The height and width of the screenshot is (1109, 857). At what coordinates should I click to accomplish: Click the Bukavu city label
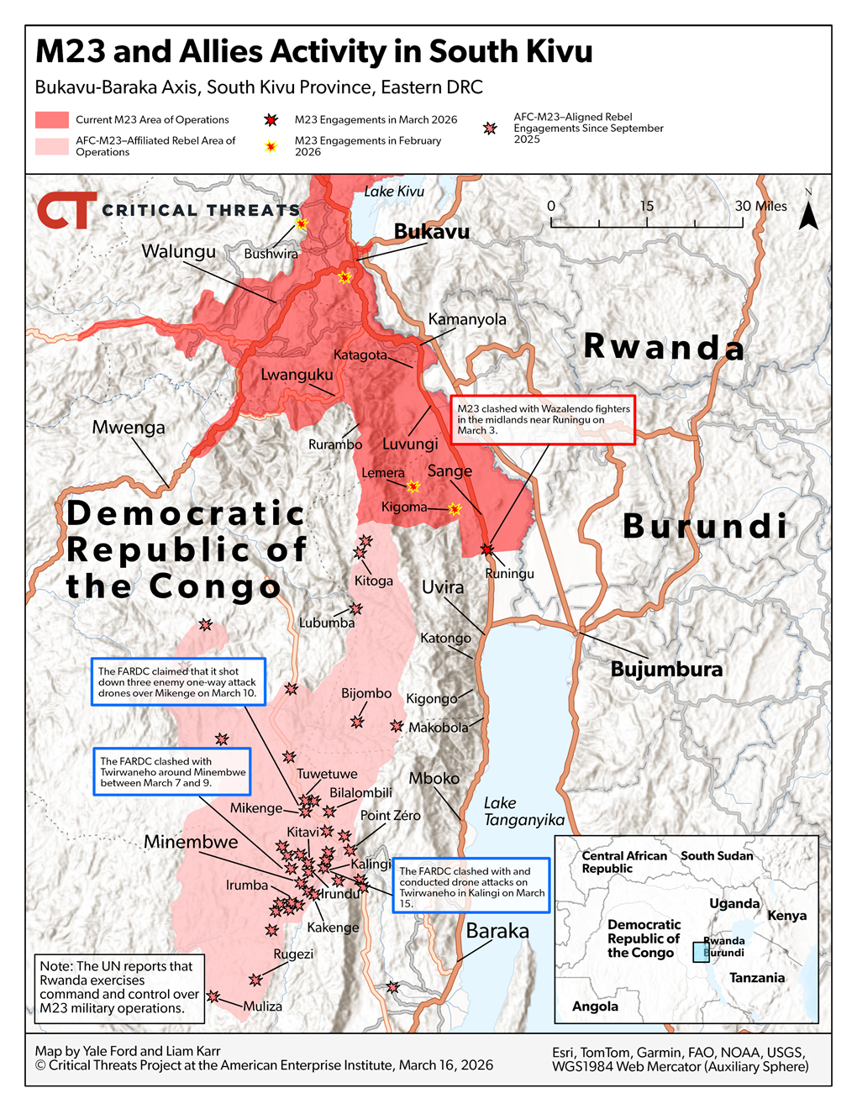click(431, 232)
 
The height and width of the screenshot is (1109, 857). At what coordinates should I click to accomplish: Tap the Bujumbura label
click(666, 670)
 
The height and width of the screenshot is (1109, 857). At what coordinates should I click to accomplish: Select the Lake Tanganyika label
click(523, 812)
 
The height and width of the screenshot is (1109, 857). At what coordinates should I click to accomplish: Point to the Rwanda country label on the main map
click(664, 347)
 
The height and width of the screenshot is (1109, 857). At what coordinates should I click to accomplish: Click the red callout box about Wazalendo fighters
click(543, 419)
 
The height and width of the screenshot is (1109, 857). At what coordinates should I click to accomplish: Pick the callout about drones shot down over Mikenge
click(178, 682)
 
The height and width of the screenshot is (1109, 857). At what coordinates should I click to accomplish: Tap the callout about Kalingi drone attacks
click(471, 886)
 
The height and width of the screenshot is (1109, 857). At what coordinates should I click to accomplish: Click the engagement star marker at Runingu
click(487, 549)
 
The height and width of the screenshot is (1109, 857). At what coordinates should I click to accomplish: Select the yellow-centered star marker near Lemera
click(413, 486)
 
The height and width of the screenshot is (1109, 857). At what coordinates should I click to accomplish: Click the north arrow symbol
click(808, 215)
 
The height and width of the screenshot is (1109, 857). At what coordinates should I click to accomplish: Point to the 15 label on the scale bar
click(646, 206)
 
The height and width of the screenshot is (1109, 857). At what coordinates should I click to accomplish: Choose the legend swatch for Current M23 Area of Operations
click(52, 120)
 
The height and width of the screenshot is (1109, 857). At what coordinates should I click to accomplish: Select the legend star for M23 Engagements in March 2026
click(271, 120)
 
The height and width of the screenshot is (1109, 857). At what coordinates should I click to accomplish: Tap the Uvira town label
click(443, 587)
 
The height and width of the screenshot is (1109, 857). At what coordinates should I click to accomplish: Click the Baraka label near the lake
click(497, 931)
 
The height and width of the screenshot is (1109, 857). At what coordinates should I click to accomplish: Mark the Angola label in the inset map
click(595, 1007)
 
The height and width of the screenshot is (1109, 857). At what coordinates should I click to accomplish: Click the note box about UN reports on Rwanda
click(119, 988)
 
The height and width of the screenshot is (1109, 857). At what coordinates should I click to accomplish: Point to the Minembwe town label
click(191, 842)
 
